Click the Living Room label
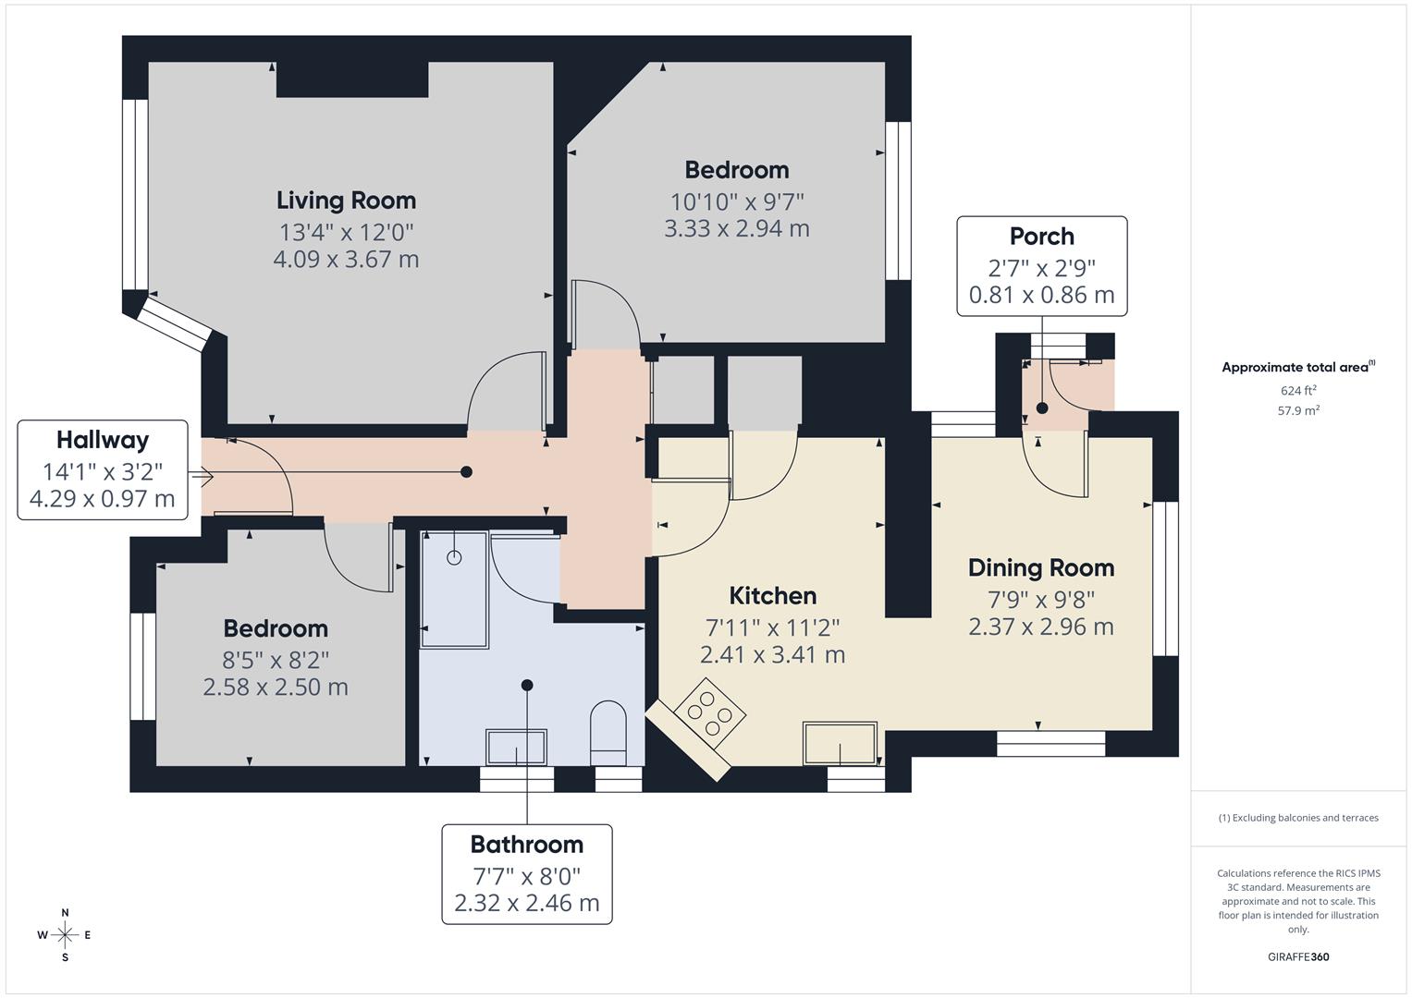346,201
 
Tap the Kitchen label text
772,596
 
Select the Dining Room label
1040,567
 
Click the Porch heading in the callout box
1041,237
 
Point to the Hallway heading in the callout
102,440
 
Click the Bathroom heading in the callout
526,845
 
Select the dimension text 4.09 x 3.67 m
346,260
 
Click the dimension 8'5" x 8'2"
276,660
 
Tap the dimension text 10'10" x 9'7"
736,201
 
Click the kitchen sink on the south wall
840,743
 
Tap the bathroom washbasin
516,747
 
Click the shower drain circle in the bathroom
454,557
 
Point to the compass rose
65,935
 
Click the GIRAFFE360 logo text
1298,957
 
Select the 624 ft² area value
1298,391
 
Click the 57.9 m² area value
1298,411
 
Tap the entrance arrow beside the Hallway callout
203,477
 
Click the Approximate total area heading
1297,368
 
